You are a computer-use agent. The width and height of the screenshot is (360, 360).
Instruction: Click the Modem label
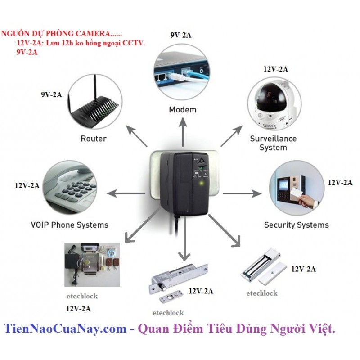[183, 109]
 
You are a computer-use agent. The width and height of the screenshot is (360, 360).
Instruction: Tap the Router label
[93, 139]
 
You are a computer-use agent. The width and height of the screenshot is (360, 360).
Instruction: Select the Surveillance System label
[273, 143]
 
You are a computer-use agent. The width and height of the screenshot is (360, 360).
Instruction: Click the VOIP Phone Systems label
[69, 225]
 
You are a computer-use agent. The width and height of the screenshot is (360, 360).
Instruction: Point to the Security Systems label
[296, 225]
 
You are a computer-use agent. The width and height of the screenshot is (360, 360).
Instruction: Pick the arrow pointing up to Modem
[183, 131]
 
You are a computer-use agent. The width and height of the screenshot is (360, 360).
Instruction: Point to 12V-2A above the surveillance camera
[275, 69]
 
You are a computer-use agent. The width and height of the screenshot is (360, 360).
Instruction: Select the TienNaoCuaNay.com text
[65, 329]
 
